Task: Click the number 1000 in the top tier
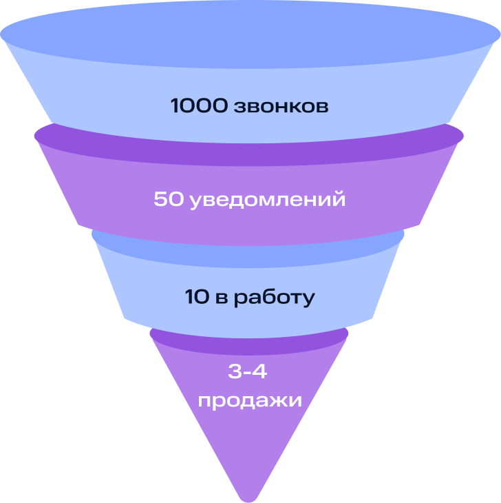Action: click(199, 107)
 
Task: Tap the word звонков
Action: click(280, 107)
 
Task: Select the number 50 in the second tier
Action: click(169, 200)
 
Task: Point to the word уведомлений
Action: click(266, 201)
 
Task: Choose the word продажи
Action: click(250, 400)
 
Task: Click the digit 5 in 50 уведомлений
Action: click(161, 200)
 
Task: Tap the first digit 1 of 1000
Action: click(174, 107)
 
